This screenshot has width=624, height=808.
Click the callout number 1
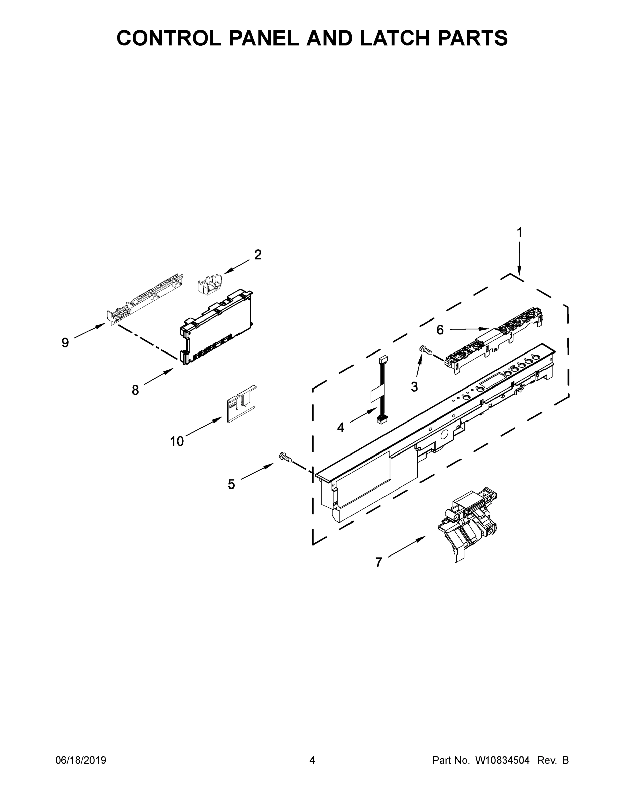[519, 232]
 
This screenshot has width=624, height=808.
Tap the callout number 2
[258, 255]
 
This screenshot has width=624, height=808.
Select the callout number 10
[177, 441]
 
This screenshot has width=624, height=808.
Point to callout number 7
[378, 562]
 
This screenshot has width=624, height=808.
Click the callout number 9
[65, 343]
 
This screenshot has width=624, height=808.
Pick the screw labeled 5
[285, 458]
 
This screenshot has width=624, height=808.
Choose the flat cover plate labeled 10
[242, 404]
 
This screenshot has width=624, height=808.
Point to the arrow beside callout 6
[470, 329]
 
